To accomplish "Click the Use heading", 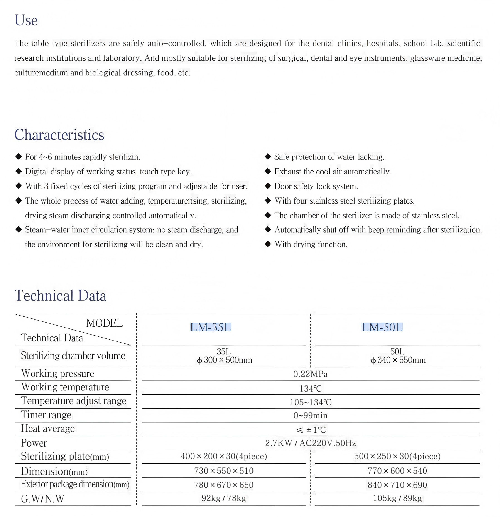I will [26, 20].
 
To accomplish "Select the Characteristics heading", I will [59, 135].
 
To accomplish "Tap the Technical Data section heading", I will [60, 296].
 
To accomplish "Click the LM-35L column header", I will [210, 327].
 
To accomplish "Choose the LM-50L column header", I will [382, 327].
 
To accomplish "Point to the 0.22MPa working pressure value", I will [310, 374].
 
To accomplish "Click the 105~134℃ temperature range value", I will [310, 402].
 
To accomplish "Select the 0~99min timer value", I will [310, 415].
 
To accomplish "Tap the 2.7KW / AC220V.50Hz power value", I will [310, 443].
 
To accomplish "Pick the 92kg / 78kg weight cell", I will [224, 498].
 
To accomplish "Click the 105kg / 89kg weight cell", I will [397, 498].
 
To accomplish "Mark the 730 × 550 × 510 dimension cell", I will [224, 471].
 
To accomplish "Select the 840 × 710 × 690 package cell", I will [397, 485].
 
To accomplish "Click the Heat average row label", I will [48, 429].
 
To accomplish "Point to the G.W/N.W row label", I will [42, 499].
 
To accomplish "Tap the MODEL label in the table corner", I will [104, 323].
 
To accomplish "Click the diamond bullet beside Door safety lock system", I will [268, 186].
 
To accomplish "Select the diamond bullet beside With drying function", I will [268, 244].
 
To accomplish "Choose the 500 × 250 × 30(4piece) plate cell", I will [397, 456].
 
